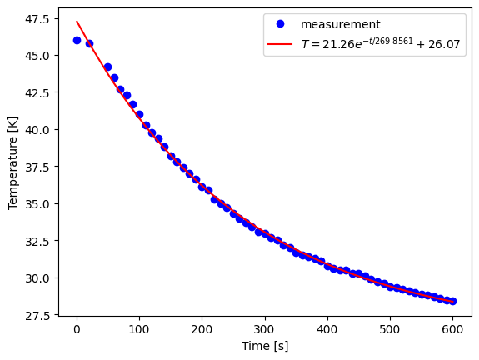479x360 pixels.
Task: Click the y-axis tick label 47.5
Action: (37, 19)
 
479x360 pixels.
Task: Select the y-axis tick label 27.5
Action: (37, 315)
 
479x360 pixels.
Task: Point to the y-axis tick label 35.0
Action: (37, 204)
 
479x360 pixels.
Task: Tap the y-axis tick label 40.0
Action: (37, 130)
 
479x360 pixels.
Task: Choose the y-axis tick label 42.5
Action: (37, 93)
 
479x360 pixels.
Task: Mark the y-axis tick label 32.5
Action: (37, 241)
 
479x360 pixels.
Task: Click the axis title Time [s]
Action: (265, 346)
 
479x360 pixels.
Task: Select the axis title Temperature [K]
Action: (12, 167)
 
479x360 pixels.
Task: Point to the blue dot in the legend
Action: (281, 25)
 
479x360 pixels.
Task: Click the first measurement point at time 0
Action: (77, 40)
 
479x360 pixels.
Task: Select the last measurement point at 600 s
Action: (452, 301)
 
